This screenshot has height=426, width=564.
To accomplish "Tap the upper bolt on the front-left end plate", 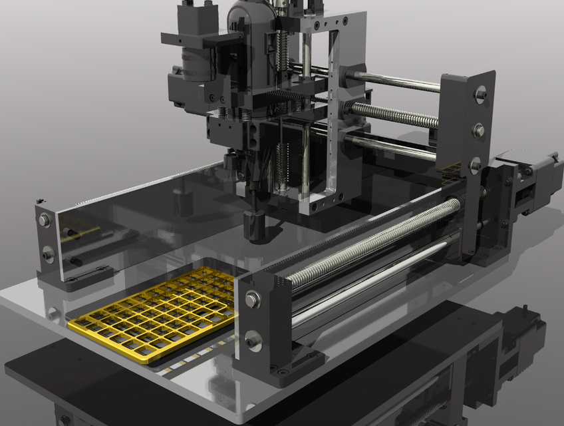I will (45, 220).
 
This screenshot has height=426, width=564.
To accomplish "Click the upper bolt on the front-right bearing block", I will (252, 300).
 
